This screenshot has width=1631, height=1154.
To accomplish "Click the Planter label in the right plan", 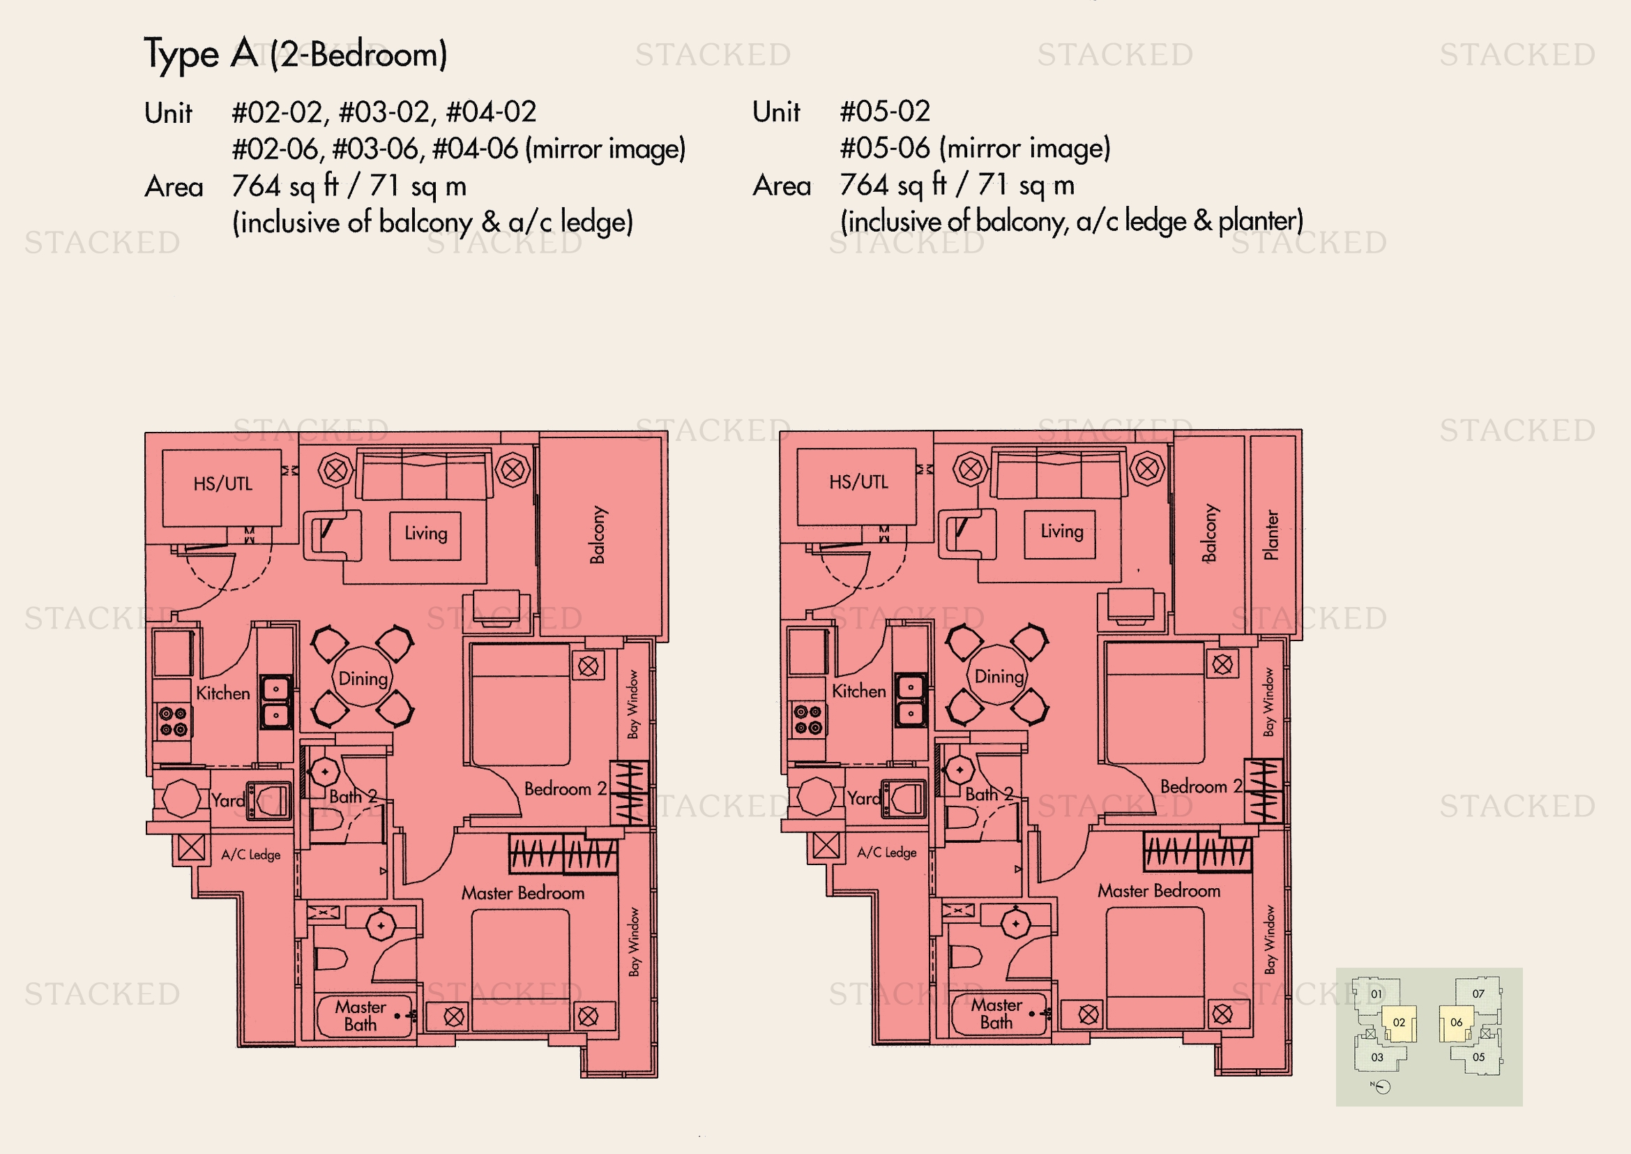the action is pyautogui.click(x=1272, y=534).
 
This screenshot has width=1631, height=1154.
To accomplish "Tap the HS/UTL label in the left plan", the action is pyautogui.click(x=223, y=484).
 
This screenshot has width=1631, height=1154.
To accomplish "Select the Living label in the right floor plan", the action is pyautogui.click(x=1062, y=532).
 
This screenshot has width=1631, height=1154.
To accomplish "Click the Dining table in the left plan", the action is pyautogui.click(x=363, y=677).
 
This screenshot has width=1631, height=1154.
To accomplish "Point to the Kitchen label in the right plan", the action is pyautogui.click(x=859, y=691).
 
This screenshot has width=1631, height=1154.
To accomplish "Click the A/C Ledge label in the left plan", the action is pyautogui.click(x=251, y=854).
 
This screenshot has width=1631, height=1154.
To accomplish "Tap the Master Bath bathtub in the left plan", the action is pyautogui.click(x=365, y=1016).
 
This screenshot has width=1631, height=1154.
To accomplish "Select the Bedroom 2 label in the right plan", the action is pyautogui.click(x=1201, y=786).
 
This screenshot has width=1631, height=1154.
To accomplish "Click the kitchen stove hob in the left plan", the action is pyautogui.click(x=173, y=721).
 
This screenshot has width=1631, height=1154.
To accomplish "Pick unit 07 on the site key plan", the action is pyautogui.click(x=1478, y=994).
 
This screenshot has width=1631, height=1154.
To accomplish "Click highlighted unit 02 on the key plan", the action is pyautogui.click(x=1398, y=1024).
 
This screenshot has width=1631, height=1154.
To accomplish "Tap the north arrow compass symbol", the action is pyautogui.click(x=1381, y=1086).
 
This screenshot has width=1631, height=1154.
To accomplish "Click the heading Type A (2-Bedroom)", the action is pyautogui.click(x=296, y=54).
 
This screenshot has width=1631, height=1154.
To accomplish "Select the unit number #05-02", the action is pyautogui.click(x=885, y=112).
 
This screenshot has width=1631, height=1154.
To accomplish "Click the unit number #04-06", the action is pyautogui.click(x=476, y=149).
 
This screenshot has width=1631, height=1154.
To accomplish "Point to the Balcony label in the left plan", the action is pyautogui.click(x=598, y=535).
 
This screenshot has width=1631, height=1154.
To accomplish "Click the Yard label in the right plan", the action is pyautogui.click(x=864, y=799).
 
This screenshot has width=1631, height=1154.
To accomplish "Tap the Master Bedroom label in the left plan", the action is pyautogui.click(x=523, y=893).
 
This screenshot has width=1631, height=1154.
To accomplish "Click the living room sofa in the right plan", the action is pyautogui.click(x=1060, y=472).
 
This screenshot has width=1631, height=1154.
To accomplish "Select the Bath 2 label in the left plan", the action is pyautogui.click(x=353, y=797).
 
